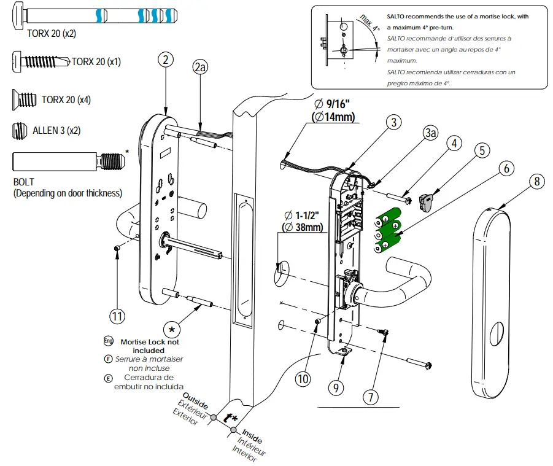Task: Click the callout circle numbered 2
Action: [x=164, y=60]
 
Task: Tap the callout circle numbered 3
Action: [x=395, y=122]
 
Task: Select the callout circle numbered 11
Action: [x=118, y=317]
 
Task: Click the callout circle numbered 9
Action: [x=335, y=388]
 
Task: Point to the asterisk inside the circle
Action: [x=172, y=329]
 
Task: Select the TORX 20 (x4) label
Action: [x=66, y=99]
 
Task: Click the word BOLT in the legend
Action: [x=24, y=182]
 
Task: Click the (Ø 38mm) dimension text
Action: [x=302, y=227]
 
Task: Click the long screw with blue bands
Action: [x=98, y=14]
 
